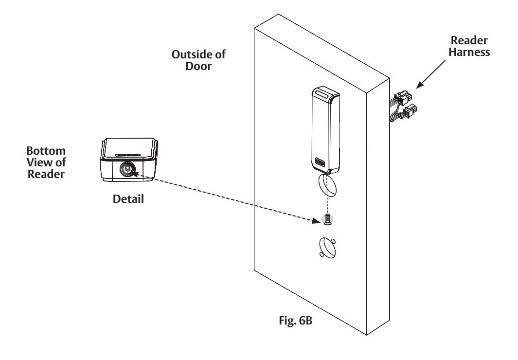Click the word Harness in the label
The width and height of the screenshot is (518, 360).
pyautogui.click(x=469, y=52)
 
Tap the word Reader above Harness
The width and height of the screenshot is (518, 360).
pyautogui.click(x=469, y=40)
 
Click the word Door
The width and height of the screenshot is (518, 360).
pyautogui.click(x=198, y=66)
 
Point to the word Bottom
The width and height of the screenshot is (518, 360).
pyautogui.click(x=46, y=151)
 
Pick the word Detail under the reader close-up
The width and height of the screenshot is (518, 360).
pyautogui.click(x=128, y=199)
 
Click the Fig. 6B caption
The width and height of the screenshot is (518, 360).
pyautogui.click(x=295, y=321)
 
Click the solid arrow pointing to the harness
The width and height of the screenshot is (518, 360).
pyautogui.click(x=430, y=74)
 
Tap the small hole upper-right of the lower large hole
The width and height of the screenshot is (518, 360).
pyautogui.click(x=333, y=241)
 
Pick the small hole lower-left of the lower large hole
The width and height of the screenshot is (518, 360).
pyautogui.click(x=322, y=254)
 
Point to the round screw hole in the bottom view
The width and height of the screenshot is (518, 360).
pyautogui.click(x=127, y=170)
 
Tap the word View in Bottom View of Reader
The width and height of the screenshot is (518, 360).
pyautogui.click(x=37, y=162)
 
